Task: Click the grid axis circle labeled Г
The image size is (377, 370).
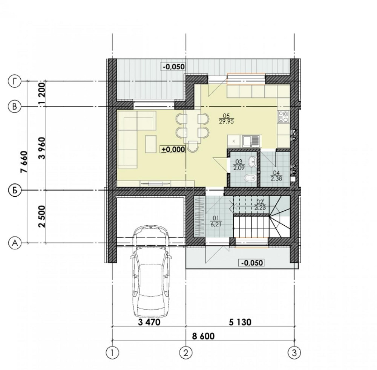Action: (x=14, y=81)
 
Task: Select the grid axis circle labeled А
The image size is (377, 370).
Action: (x=14, y=243)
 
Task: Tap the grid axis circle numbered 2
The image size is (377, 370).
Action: (x=185, y=353)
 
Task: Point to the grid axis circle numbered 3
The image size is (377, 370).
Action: (x=294, y=353)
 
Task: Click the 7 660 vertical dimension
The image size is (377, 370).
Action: (x=25, y=162)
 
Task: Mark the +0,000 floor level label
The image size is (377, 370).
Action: (x=173, y=149)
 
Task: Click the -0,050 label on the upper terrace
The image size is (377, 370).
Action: (x=173, y=67)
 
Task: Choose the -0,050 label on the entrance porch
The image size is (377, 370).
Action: (x=251, y=263)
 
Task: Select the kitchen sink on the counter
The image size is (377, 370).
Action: (x=250, y=141)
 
